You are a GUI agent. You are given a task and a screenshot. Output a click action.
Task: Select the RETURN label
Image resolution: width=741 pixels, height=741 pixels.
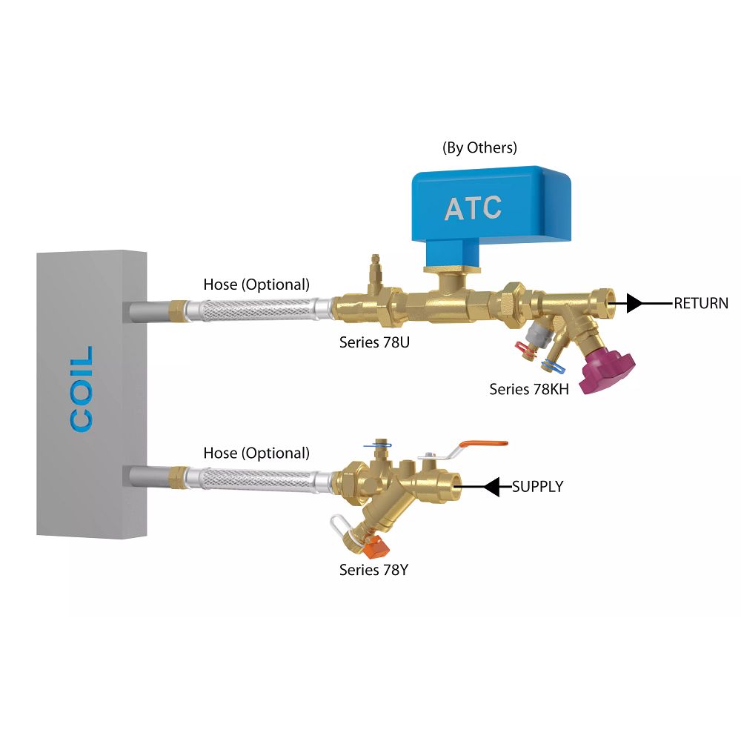click(x=700, y=303)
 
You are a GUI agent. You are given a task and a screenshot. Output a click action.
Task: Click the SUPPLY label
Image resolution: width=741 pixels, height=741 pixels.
click(x=537, y=487)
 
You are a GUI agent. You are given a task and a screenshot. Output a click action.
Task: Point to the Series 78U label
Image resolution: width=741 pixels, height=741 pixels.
click(x=373, y=342)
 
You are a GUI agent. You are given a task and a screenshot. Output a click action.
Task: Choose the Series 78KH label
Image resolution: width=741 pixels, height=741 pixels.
click(x=529, y=389)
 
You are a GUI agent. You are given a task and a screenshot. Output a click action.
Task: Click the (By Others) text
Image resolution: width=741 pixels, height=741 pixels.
click(x=479, y=147)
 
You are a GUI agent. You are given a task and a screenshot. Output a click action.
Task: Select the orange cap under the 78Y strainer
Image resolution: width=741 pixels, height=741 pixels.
click(x=376, y=547)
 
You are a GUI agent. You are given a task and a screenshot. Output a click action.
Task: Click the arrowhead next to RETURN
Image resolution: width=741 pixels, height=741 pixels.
click(x=634, y=303)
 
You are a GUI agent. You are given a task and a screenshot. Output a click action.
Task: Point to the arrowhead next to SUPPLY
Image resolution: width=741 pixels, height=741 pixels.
click(x=492, y=487)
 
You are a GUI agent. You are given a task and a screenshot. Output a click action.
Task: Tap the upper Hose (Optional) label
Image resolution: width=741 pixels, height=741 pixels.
click(x=256, y=285)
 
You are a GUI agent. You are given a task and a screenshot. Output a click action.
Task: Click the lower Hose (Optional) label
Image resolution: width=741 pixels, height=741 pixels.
click(x=256, y=453)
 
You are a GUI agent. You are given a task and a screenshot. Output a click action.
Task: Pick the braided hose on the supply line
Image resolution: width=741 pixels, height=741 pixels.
click(x=252, y=478)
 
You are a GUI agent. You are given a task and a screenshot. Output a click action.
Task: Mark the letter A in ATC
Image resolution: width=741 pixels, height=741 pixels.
click(x=456, y=208)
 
